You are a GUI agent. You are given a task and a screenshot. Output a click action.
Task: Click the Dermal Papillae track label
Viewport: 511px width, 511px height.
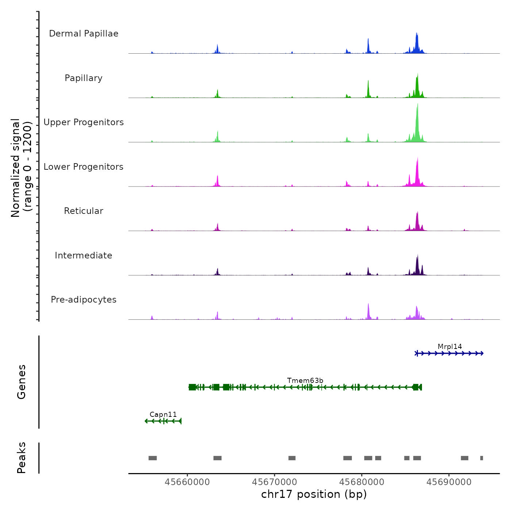pyautogui.click(x=84, y=34)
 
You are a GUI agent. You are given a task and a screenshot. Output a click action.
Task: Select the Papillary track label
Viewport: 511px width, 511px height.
pyautogui.click(x=84, y=78)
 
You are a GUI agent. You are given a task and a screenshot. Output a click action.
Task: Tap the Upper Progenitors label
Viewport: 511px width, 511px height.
pyautogui.click(x=84, y=122)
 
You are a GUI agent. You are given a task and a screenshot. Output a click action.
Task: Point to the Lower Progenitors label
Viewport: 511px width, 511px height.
pyautogui.click(x=84, y=167)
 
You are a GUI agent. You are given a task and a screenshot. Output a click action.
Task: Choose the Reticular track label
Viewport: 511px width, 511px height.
pyautogui.click(x=84, y=211)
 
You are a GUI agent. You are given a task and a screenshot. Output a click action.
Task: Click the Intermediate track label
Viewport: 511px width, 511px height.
pyautogui.click(x=84, y=255)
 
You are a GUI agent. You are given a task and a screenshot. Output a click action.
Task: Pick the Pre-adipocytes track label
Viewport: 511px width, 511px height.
pyautogui.click(x=84, y=300)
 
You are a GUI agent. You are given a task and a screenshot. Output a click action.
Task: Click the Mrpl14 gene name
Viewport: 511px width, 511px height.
pyautogui.click(x=450, y=347)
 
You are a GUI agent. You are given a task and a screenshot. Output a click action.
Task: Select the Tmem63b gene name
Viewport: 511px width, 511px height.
pyautogui.click(x=305, y=381)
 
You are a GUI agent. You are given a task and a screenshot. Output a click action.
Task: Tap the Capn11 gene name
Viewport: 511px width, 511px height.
pyautogui.click(x=163, y=415)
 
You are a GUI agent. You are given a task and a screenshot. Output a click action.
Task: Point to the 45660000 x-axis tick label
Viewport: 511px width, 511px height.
pyautogui.click(x=187, y=482)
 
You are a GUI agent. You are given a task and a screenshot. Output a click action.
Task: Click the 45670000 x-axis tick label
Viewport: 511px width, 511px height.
pyautogui.click(x=274, y=482)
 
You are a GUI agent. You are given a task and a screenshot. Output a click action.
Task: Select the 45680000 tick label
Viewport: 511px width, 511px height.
pyautogui.click(x=362, y=482)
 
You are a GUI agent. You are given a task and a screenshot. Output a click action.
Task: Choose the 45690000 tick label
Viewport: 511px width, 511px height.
pyautogui.click(x=449, y=482)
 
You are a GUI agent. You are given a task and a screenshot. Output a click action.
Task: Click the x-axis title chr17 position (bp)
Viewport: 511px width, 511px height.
pyautogui.click(x=314, y=495)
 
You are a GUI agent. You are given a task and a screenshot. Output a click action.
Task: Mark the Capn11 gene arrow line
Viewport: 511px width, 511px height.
pyautogui.click(x=163, y=421)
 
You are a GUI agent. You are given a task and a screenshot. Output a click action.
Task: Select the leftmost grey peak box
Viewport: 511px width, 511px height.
pyautogui.click(x=153, y=458)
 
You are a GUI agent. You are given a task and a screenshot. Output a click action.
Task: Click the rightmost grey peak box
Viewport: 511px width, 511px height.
pyautogui.click(x=481, y=458)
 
